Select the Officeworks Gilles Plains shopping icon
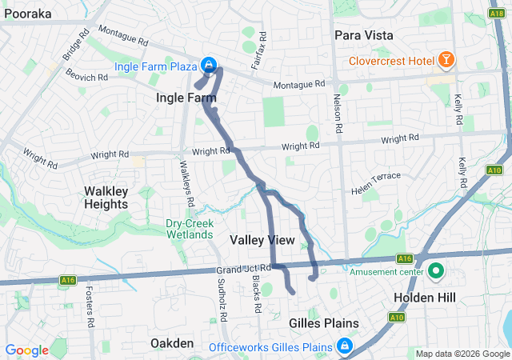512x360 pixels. pyautogui.click(x=344, y=346)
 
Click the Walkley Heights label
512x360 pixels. pyautogui.click(x=106, y=198)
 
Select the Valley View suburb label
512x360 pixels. pyautogui.click(x=262, y=240)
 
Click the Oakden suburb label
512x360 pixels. pyautogui.click(x=172, y=343)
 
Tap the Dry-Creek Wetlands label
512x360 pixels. pyautogui.click(x=190, y=229)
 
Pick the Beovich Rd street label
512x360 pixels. pyautogui.click(x=86, y=78)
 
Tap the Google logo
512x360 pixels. pyautogui.click(x=26, y=350)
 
